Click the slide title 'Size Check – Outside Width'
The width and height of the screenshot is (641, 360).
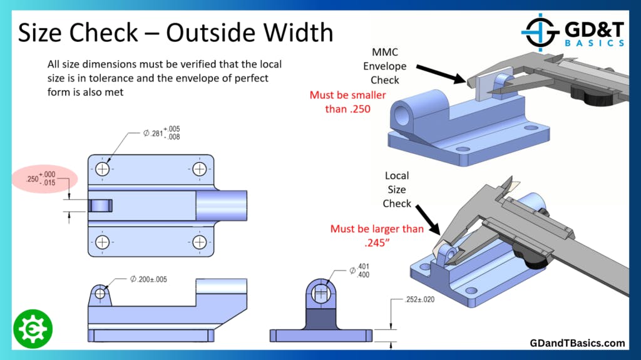point(175,32)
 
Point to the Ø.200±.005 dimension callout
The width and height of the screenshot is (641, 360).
point(148,279)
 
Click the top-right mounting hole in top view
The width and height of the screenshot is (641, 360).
point(199,169)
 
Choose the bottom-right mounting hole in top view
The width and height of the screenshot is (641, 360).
point(199,242)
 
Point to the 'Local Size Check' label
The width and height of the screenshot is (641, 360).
point(397,190)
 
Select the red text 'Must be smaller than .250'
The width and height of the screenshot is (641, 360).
point(348,102)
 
